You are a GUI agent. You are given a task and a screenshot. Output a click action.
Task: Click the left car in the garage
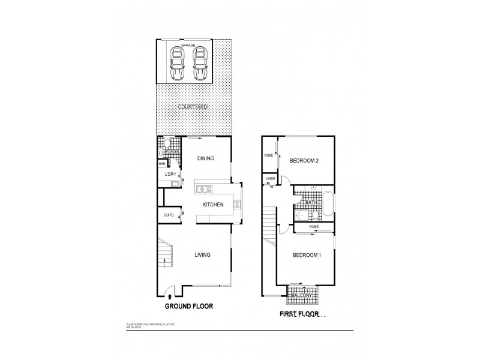click(x=177, y=64)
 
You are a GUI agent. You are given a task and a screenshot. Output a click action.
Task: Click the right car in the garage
click(x=199, y=64)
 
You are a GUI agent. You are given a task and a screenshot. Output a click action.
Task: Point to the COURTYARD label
click(x=193, y=106)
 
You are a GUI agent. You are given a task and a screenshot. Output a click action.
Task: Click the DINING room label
click(x=206, y=158)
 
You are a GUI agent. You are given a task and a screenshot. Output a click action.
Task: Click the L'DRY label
click(x=170, y=174)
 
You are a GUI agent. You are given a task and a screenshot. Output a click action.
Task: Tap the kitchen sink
click(x=203, y=190)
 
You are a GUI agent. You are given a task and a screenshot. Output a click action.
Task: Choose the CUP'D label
click(x=169, y=215)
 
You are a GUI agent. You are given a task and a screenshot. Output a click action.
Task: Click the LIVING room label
click(x=202, y=255)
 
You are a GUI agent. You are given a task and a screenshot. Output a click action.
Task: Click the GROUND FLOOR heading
click(x=189, y=305)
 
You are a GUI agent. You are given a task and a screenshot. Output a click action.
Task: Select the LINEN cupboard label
click(x=270, y=179)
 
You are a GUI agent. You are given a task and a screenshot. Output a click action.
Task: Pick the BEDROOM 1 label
click(x=307, y=255)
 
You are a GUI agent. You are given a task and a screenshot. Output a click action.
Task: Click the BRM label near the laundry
click(x=162, y=163)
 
